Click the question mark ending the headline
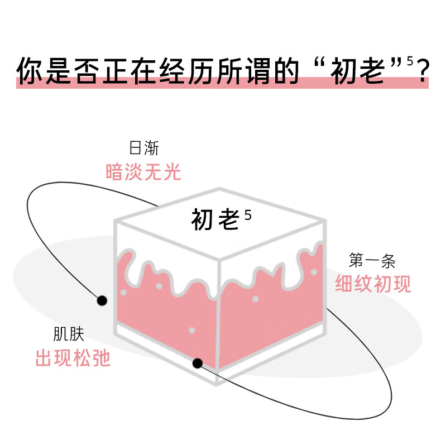point(423,70)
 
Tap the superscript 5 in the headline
point(410,61)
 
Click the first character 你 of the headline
point(30,70)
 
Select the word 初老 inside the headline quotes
point(357,70)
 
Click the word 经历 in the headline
point(187,70)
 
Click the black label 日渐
point(144,148)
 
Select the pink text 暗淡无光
point(143,171)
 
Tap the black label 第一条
point(372,260)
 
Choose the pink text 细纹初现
point(373,284)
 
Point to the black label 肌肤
point(69,334)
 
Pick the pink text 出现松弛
point(73,357)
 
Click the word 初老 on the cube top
point(215,219)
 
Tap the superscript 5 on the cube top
point(248,215)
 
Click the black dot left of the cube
point(102,301)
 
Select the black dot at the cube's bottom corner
point(198,363)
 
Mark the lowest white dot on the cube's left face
point(192,331)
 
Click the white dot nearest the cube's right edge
point(314,272)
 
